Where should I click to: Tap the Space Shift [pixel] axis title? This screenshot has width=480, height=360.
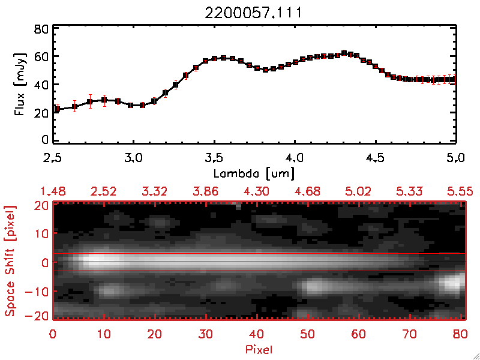pyautogui.click(x=10, y=261)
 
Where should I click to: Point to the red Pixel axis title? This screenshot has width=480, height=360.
pyautogui.click(x=259, y=349)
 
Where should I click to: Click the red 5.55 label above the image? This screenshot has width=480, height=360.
pyautogui.click(x=460, y=191)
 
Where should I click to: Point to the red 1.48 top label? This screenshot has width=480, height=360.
pyautogui.click(x=53, y=191)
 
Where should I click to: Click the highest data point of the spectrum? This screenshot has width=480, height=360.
pyautogui.click(x=344, y=53)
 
